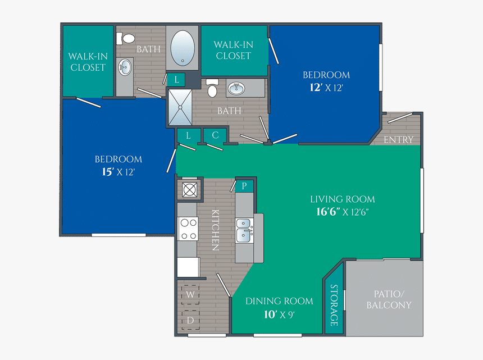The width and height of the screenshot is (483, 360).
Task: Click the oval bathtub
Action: pyautogui.click(x=183, y=48)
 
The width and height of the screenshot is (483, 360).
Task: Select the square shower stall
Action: pyautogui.click(x=180, y=107)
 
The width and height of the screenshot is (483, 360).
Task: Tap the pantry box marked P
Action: pyautogui.click(x=244, y=185)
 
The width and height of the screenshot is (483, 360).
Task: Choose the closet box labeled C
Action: pyautogui.click(x=215, y=135)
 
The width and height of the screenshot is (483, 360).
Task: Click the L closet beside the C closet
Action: pyautogui.click(x=188, y=135)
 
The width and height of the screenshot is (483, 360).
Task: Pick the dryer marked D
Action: pyautogui.click(x=190, y=320)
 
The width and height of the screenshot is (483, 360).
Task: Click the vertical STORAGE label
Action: pyautogui.click(x=334, y=305)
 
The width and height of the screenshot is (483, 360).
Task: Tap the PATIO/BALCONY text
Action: pyautogui.click(x=389, y=299)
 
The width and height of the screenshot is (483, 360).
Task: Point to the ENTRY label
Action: pyautogui.click(x=398, y=139)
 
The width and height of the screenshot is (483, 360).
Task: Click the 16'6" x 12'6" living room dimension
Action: pyautogui.click(x=343, y=212)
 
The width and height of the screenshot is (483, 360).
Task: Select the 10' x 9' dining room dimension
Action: pyautogui.click(x=279, y=315)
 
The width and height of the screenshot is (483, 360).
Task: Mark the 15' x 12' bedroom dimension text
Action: pyautogui.click(x=118, y=172)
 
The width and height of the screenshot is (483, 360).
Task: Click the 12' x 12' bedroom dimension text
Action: pyautogui.click(x=326, y=88)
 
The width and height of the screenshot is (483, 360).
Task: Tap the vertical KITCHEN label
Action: pyautogui.click(x=215, y=230)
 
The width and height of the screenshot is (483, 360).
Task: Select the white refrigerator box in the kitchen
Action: pyautogui.click(x=188, y=267)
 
